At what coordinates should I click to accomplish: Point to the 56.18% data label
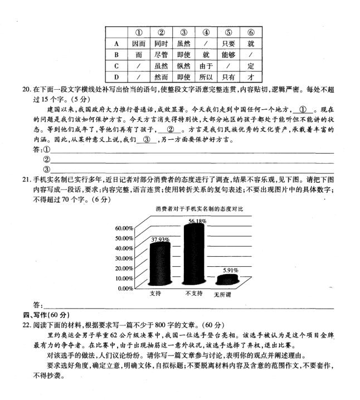coord(197,221)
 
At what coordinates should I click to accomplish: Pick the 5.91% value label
coord(230,270)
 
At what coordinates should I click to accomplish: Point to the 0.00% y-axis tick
coord(125,288)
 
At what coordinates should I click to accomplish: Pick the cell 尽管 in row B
coord(161,55)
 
